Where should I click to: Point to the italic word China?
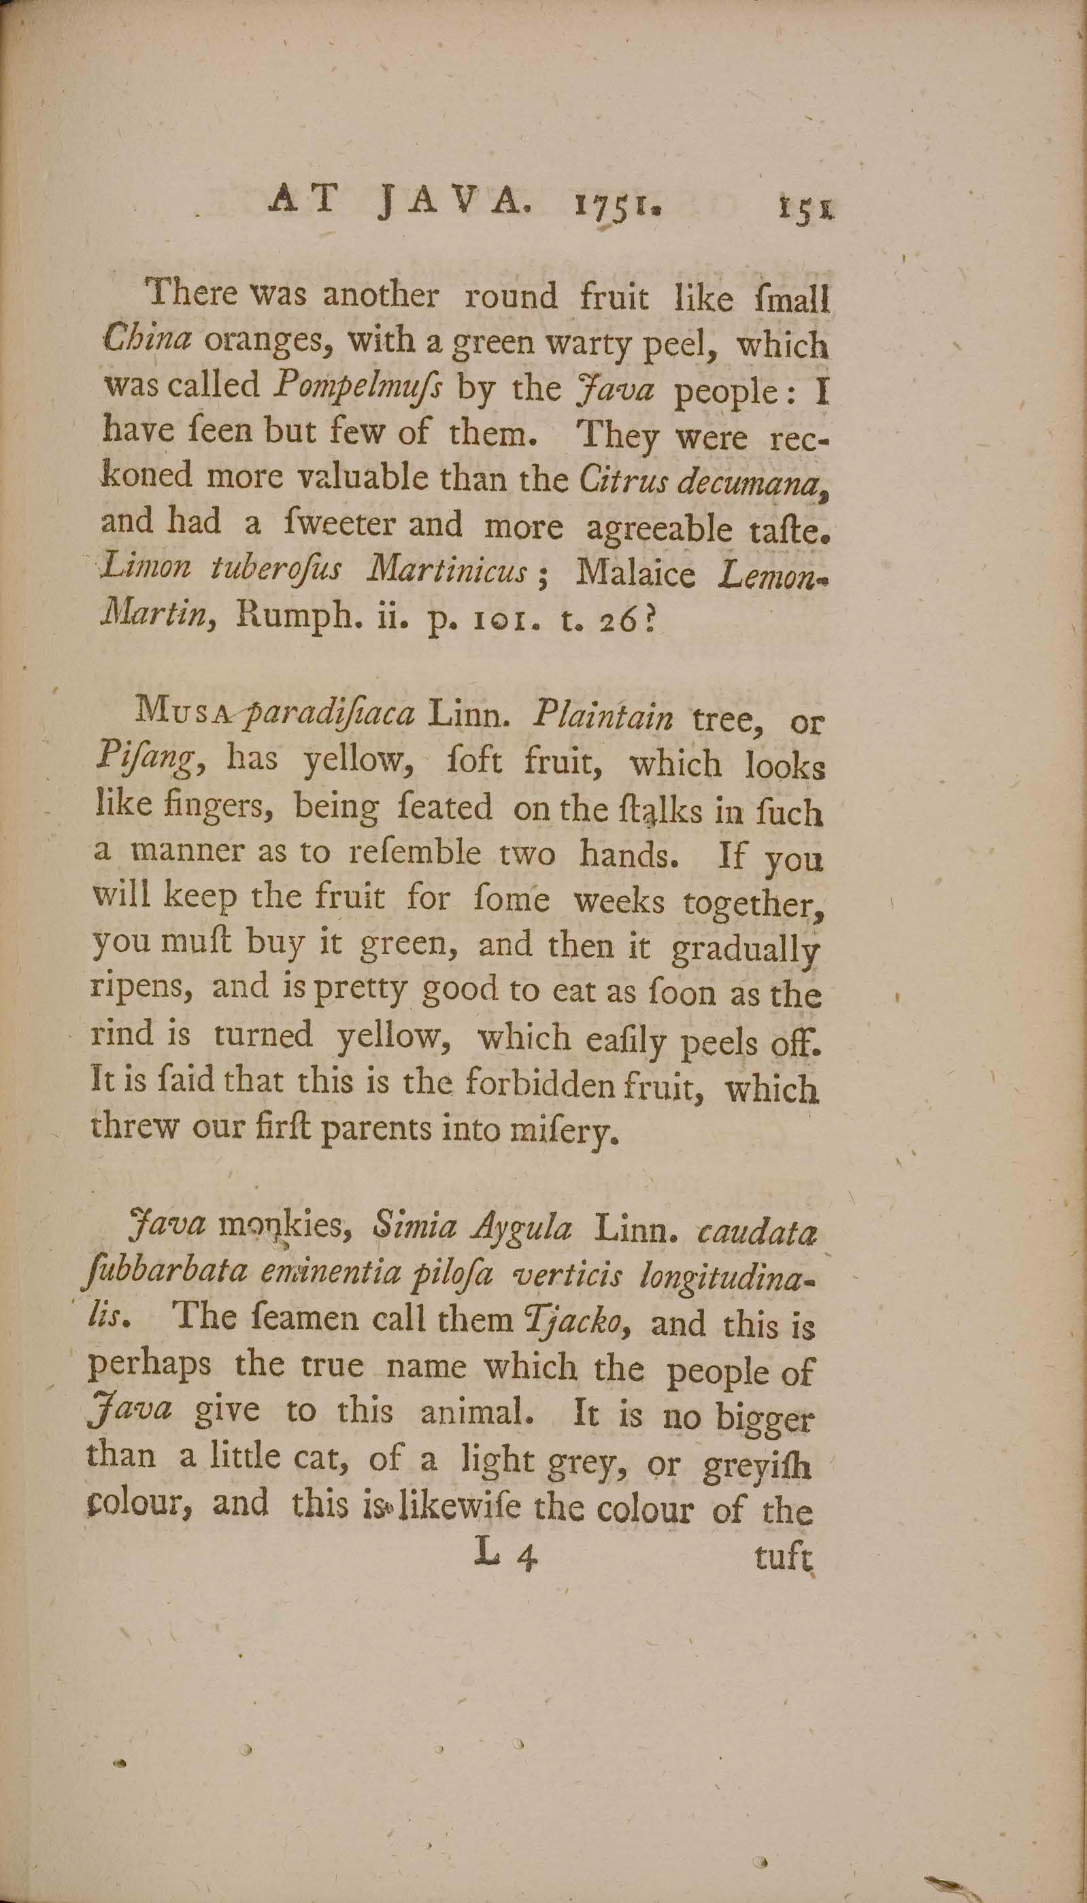pyautogui.click(x=148, y=340)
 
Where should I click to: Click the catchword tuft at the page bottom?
pyautogui.click(x=782, y=1556)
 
